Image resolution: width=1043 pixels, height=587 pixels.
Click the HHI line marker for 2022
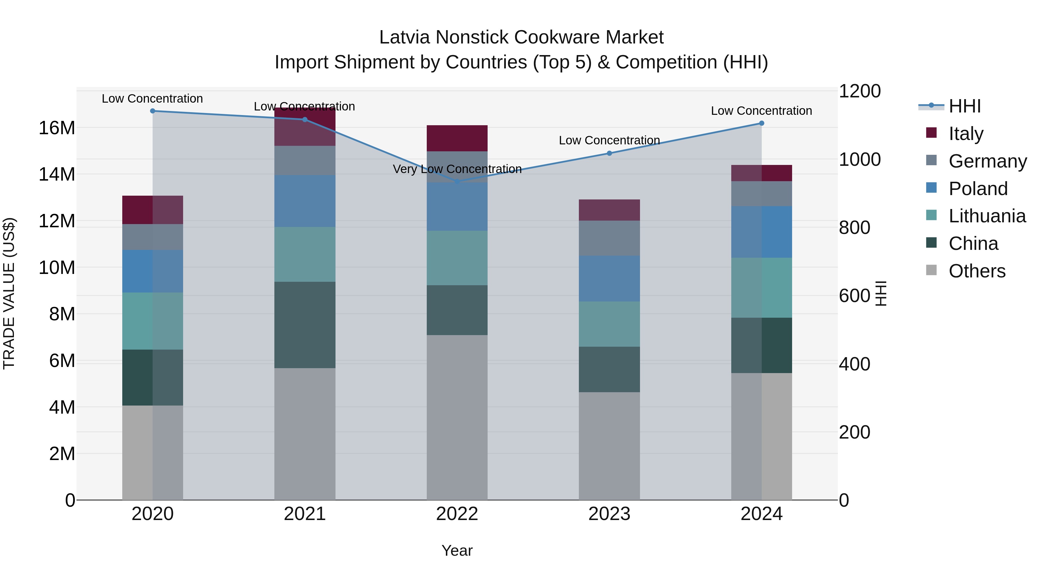tap(457, 181)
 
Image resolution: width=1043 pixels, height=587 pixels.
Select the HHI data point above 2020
tap(153, 111)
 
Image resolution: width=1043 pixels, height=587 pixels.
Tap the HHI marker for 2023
tap(609, 153)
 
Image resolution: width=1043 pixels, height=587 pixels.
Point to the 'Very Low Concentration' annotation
tap(457, 169)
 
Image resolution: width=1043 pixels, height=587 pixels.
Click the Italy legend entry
tap(966, 134)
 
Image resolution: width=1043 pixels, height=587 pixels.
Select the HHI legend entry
tap(964, 106)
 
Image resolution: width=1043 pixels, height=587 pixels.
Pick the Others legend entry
tap(977, 271)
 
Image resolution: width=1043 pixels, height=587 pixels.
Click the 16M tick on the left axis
tap(57, 128)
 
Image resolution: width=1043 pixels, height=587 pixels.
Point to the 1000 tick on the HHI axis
tap(860, 160)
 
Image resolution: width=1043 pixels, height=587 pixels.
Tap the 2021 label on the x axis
tap(305, 514)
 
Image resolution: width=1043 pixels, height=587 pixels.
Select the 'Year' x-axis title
tap(457, 550)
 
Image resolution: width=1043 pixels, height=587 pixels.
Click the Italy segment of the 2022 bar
tap(457, 138)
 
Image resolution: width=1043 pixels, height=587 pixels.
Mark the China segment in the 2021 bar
tap(305, 325)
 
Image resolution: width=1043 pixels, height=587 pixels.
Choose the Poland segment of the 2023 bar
tap(609, 279)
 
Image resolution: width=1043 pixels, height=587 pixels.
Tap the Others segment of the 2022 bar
tap(457, 417)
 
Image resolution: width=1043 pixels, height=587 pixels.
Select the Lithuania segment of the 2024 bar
tap(762, 288)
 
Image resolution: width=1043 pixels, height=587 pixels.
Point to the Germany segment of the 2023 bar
tap(609, 238)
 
